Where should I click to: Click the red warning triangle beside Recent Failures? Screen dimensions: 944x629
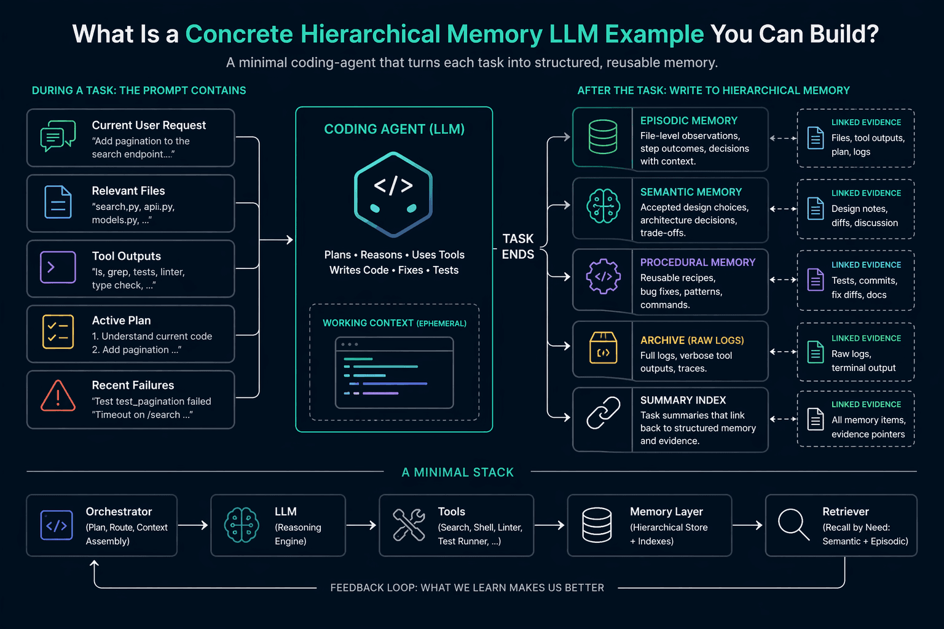coord(58,396)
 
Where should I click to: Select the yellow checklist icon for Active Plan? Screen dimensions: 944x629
coord(58,332)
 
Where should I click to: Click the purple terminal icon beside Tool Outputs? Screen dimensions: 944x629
coord(58,267)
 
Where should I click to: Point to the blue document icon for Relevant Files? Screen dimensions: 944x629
coord(58,202)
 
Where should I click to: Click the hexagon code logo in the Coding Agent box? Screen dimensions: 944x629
coord(393,194)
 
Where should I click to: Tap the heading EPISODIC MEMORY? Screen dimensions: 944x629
coord(688,121)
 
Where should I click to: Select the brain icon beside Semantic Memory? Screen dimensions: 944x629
coord(603,206)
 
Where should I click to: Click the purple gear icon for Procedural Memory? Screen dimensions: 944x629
coord(603,276)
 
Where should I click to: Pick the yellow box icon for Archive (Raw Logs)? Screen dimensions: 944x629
coord(603,348)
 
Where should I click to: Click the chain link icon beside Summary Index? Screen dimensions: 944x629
coord(603,412)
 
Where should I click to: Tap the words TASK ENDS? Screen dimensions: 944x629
coord(518,246)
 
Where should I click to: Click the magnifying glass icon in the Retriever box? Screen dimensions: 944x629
coord(793,525)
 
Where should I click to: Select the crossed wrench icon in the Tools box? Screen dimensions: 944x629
coord(408,525)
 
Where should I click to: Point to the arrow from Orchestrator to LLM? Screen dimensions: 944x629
coord(193,525)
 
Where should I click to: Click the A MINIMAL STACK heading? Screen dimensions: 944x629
coord(458,472)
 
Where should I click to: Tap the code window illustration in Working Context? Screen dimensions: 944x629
coord(394,372)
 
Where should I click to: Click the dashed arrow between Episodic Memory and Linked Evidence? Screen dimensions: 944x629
coord(783,138)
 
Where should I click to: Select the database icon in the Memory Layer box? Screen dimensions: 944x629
coord(597,525)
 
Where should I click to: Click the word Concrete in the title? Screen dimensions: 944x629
coord(239,34)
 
